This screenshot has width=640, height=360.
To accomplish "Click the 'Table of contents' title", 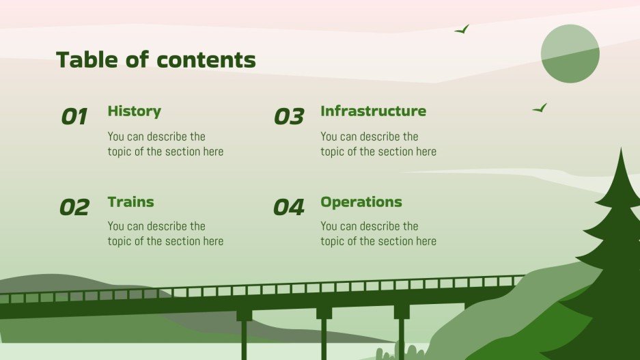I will [x=156, y=60].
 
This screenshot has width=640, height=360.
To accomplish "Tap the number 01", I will [x=74, y=117].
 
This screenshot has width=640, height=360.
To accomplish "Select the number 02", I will [x=74, y=207].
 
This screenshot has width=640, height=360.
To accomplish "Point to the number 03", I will [x=288, y=117].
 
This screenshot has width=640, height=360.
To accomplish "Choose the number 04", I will [x=288, y=207].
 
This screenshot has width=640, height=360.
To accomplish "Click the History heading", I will [x=134, y=111].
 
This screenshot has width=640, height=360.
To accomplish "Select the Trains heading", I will [x=130, y=202].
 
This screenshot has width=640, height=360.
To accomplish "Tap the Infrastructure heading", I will [x=373, y=111].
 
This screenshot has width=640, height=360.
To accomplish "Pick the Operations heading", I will [x=361, y=202].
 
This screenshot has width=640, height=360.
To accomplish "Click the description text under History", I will [x=165, y=144].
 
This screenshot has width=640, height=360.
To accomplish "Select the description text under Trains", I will [x=165, y=234].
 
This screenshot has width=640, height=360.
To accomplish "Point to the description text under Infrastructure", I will [x=378, y=144].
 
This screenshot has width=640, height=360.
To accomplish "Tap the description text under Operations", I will [x=378, y=234].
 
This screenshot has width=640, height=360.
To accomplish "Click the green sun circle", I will [x=570, y=54].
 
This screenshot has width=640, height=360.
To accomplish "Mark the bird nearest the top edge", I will [x=462, y=29].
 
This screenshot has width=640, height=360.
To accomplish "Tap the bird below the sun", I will [x=540, y=108].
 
